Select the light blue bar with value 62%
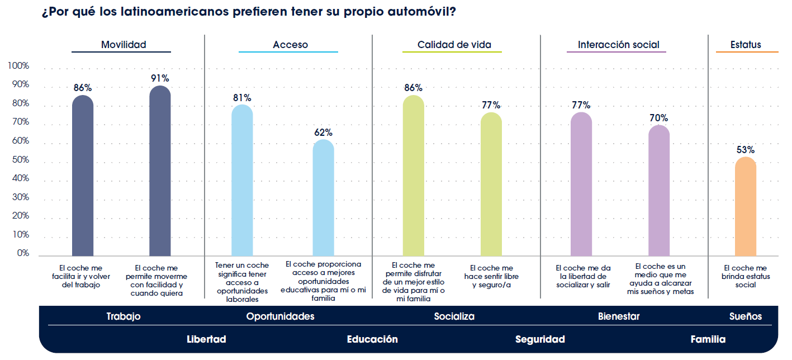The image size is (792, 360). pos(323,198)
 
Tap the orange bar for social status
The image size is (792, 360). pos(745,207)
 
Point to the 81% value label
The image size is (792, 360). pos(242,98)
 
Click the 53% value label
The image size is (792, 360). pos(746,150)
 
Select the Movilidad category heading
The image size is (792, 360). pos(124,45)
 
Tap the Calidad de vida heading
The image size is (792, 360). pos(454,45)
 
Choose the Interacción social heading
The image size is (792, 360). pos(618,45)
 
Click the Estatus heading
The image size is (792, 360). pos(746,45)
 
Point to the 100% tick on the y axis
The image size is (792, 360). pos(18,67)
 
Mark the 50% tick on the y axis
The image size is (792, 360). pos(21,160)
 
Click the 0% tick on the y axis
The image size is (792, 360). pos(23,253)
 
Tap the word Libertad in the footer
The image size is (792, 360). pos(206,339)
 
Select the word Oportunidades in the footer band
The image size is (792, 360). pos(280,316)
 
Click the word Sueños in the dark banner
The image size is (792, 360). pos(745,316)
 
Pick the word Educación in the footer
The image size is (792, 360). pos(372,339)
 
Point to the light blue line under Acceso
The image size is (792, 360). pos(288,52)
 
